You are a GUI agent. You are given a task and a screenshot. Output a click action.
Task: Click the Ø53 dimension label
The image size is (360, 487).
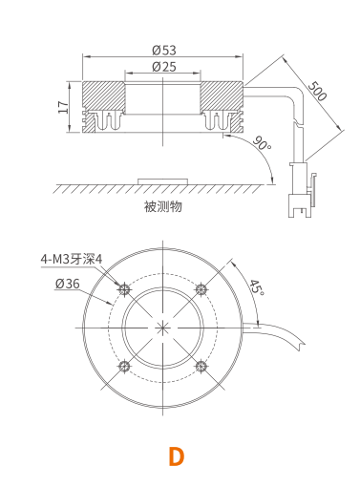(x=164, y=50)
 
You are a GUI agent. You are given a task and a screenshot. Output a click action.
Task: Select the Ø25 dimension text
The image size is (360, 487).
(x=164, y=67)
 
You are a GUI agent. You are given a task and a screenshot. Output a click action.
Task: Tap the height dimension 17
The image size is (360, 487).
(x=63, y=107)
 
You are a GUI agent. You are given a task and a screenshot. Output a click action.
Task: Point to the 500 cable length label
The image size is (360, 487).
(x=317, y=91)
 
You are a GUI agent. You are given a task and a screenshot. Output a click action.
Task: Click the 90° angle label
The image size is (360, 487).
(x=263, y=143)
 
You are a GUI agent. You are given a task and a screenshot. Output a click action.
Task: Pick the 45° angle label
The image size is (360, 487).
(x=257, y=287)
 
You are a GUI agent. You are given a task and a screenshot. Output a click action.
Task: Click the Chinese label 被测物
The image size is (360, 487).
(x=163, y=206)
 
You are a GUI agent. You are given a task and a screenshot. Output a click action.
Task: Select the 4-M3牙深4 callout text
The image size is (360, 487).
(x=72, y=259)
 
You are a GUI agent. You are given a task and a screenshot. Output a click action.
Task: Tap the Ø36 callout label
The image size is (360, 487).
(x=67, y=284)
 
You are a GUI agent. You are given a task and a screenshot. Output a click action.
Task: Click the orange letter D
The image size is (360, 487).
(x=177, y=456)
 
